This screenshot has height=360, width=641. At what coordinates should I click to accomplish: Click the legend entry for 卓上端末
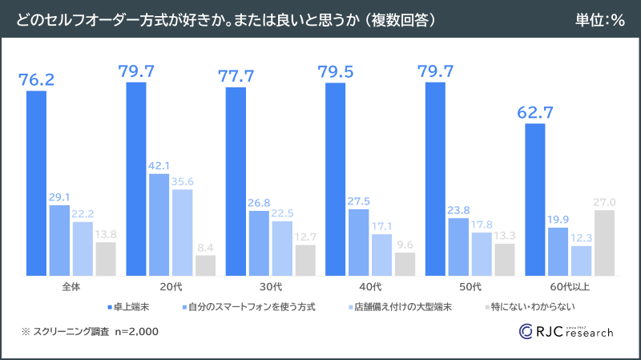click(128, 306)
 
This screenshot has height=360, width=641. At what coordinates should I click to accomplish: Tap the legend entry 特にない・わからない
click(530, 306)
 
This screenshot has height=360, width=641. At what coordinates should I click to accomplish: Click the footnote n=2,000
click(136, 331)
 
